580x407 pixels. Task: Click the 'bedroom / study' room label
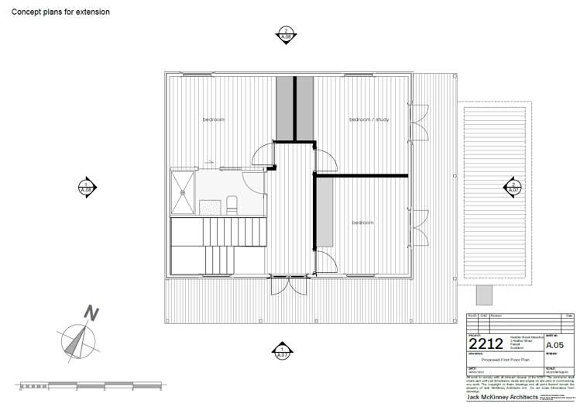pyautogui.click(x=369, y=119)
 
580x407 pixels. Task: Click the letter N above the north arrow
pyautogui.click(x=92, y=314)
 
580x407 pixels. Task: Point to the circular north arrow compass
pyautogui.click(x=77, y=340)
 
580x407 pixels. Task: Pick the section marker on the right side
pyautogui.click(x=511, y=187)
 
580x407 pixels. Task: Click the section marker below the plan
pyautogui.click(x=283, y=351)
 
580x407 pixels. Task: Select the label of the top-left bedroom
pyautogui.click(x=214, y=119)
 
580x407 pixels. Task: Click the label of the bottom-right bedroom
pyautogui.click(x=362, y=222)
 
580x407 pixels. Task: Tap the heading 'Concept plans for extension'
pyautogui.click(x=60, y=12)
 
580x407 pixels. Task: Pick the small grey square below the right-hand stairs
pyautogui.click(x=483, y=295)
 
